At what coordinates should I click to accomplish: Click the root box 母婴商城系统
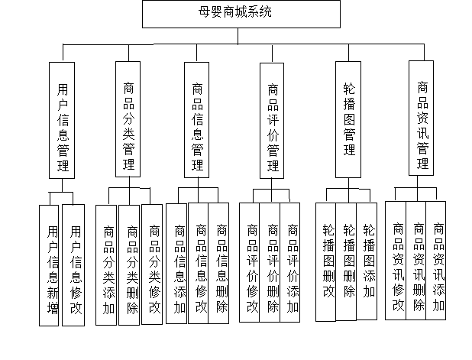click(241, 14)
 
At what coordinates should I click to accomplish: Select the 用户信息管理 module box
click(62, 120)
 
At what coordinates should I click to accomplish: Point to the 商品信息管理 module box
click(197, 120)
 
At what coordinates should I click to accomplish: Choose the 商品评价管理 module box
click(273, 120)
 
